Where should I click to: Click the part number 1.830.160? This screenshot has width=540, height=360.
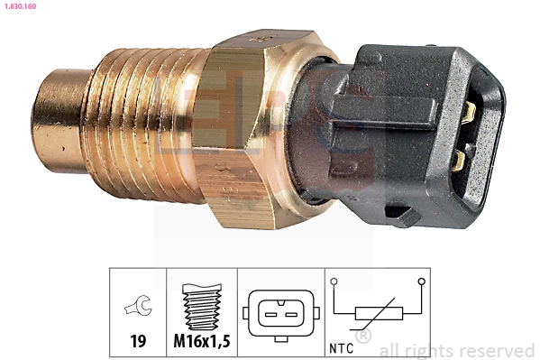pos(23,6)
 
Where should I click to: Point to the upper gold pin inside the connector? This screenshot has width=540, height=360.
pos(467,113)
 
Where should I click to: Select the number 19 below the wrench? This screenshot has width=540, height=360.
pos(138,342)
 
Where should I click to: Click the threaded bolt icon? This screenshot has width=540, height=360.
pos(201,307)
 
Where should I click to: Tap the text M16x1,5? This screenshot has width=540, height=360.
pos(201,342)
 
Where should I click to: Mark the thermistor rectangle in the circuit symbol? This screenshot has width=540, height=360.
pos(378,315)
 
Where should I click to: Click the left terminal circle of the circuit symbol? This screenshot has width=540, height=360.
pos(334,282)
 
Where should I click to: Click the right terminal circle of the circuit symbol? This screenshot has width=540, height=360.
pos(421,282)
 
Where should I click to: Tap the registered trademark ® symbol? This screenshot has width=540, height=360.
pos(363,336)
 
